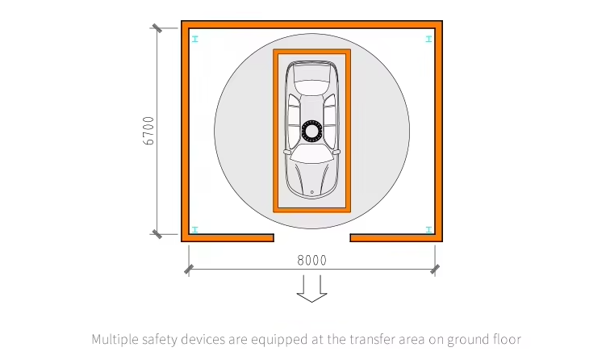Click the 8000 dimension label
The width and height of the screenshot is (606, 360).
[312, 260]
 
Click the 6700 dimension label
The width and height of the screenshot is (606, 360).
[148, 131]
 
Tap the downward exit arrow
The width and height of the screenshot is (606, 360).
[312, 288]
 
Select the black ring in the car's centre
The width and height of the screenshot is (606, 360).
[311, 131]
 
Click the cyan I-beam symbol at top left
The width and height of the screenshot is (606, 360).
[195, 39]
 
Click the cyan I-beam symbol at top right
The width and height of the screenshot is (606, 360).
[428, 39]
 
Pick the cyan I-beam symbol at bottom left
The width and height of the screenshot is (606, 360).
[195, 230]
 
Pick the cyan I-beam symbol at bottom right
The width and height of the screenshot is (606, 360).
[428, 230]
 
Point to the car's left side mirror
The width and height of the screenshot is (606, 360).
[287, 152]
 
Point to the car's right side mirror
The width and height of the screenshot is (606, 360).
[336, 152]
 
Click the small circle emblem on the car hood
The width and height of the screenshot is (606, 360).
[312, 192]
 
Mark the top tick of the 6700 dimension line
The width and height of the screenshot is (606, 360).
[157, 28]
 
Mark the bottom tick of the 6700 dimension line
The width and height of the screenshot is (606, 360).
[157, 234]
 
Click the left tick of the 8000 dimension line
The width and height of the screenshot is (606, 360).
[189, 269]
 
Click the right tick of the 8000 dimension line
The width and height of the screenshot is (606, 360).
[435, 269]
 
